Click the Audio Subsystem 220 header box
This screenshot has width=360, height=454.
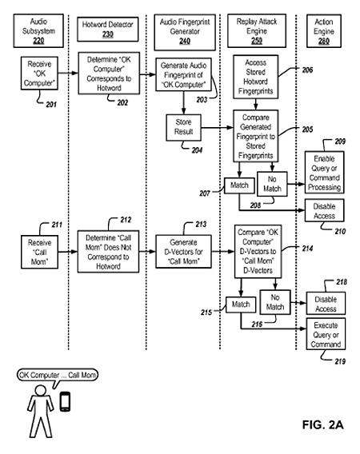(x=38, y=30)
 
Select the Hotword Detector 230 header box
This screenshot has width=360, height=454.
(x=107, y=30)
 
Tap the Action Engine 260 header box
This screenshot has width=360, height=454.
(x=324, y=30)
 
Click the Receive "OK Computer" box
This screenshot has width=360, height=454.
(x=39, y=74)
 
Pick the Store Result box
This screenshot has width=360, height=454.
(x=183, y=127)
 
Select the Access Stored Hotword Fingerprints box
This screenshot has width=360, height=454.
(x=256, y=77)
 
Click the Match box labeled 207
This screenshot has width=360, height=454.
(x=239, y=185)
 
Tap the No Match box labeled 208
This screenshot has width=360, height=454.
(x=272, y=184)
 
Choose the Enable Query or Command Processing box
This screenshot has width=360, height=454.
(x=324, y=173)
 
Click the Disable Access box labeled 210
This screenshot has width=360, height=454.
(x=324, y=210)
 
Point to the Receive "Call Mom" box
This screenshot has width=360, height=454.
(x=39, y=252)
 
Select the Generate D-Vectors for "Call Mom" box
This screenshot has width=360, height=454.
(x=183, y=251)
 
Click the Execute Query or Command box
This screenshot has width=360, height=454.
(x=326, y=334)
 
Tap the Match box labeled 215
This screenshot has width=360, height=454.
(x=241, y=305)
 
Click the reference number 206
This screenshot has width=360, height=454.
(x=307, y=70)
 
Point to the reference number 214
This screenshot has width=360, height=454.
(x=307, y=249)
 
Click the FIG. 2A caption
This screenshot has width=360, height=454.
(x=323, y=424)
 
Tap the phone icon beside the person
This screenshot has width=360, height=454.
(x=65, y=401)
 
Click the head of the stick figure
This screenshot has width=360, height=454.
(x=40, y=390)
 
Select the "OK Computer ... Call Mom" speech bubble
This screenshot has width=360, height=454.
(x=58, y=376)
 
